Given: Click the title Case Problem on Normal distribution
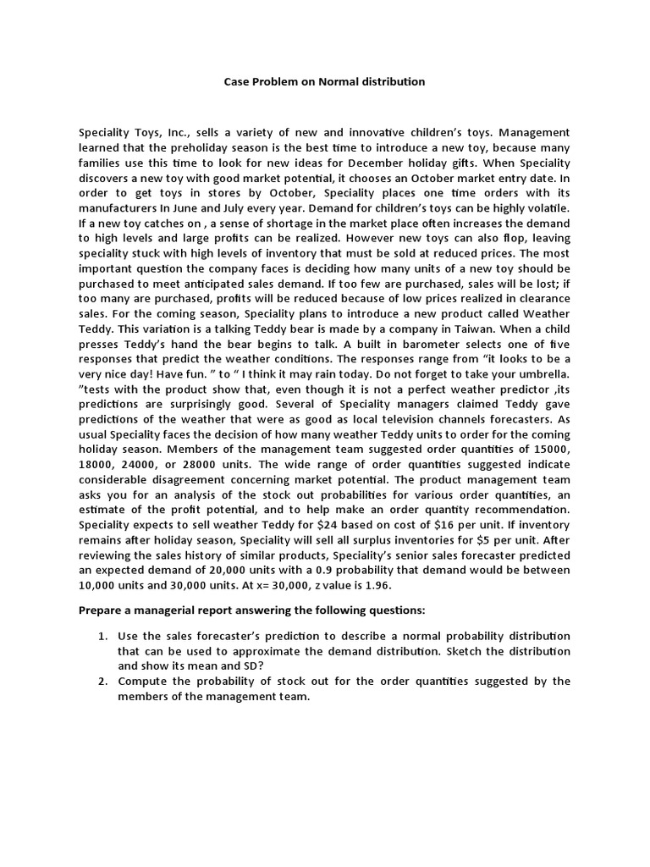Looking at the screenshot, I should pos(324,82).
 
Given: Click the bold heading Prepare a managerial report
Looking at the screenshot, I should pos(240,610).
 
